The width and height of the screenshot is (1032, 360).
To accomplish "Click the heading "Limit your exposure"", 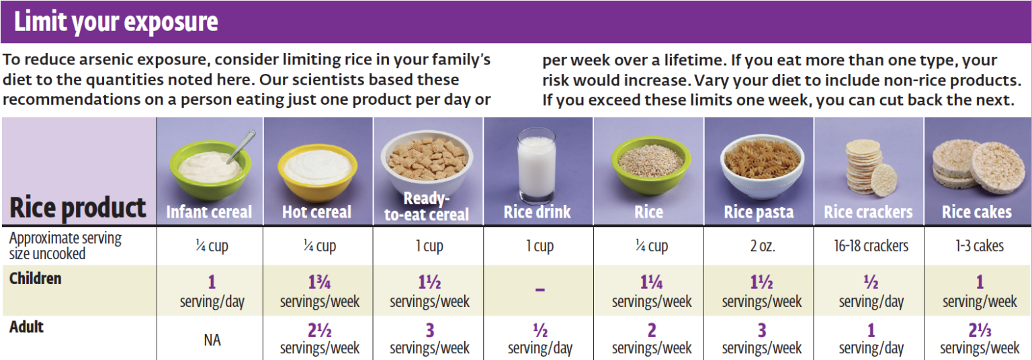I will pos(116,22).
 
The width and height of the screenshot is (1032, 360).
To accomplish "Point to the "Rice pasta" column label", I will pos(759,212).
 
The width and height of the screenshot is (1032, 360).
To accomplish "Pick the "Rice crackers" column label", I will pos(868,212).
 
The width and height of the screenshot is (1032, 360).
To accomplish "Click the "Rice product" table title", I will pos(78,208).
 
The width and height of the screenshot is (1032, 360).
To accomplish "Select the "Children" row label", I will pos(36,278).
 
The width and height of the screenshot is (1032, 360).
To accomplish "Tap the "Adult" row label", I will pos(27,327).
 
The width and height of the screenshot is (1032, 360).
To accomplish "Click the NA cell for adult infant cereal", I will pos(212,340).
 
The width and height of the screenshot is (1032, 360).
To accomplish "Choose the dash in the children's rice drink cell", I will pos(540,290).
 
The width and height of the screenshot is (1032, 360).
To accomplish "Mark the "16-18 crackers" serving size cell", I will pos(871,246).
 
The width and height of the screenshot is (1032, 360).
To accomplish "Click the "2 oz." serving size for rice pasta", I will pos(763,246).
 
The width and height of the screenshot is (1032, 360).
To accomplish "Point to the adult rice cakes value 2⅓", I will pos(979,331).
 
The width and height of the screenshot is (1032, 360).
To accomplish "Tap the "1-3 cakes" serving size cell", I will pos(979,246).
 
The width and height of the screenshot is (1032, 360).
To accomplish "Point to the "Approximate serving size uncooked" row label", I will pos(66,246).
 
